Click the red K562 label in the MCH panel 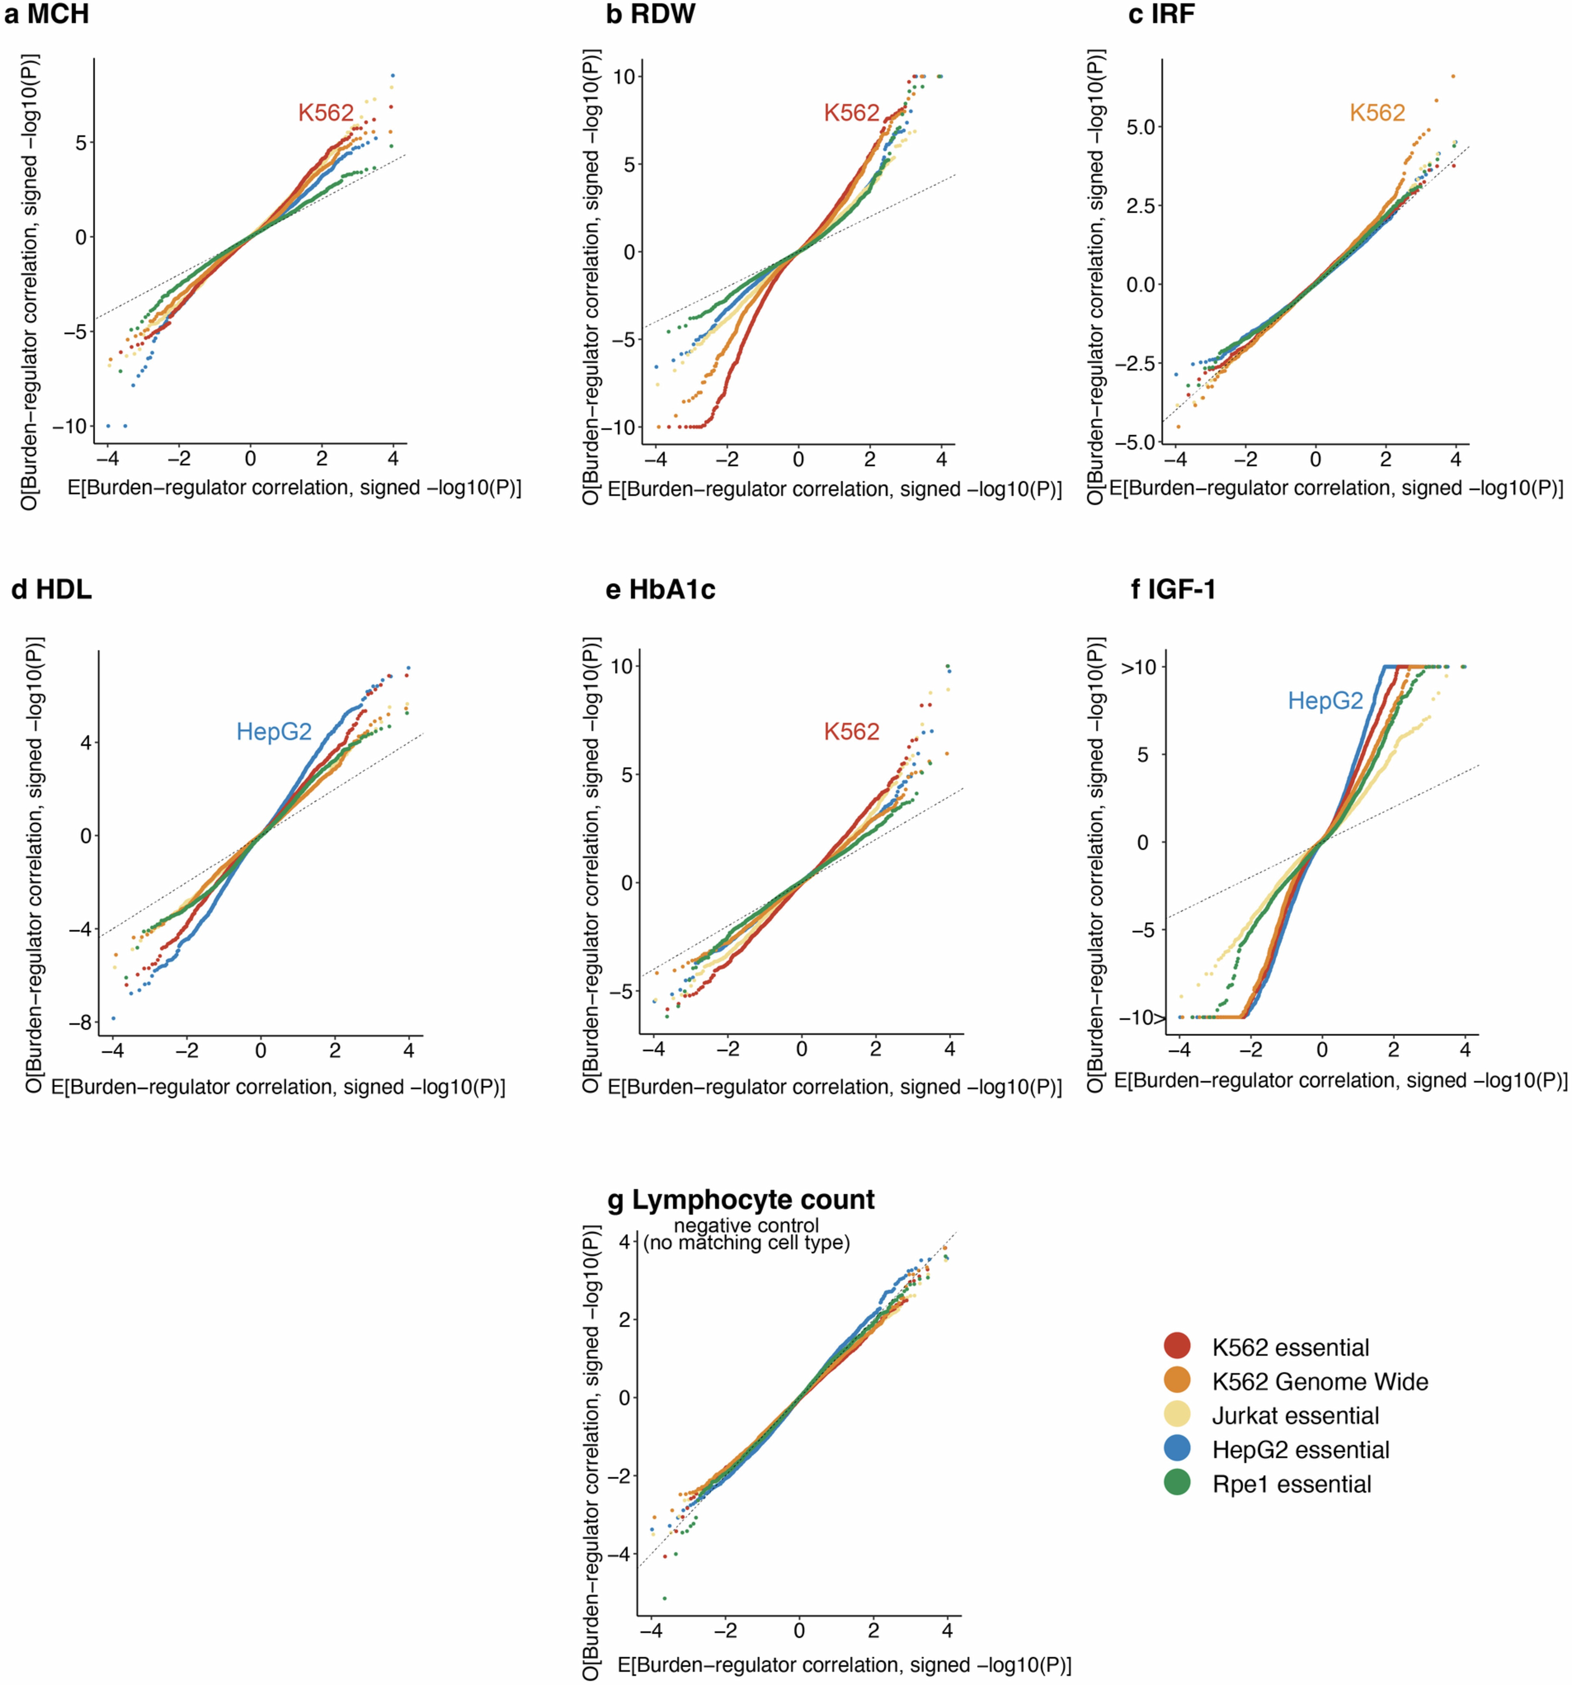click(x=325, y=113)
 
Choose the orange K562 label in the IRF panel click(x=1377, y=113)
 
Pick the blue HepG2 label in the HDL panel click(x=274, y=732)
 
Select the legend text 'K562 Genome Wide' click(x=1319, y=1382)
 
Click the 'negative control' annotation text click(x=746, y=1226)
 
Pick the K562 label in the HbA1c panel click(x=852, y=732)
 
